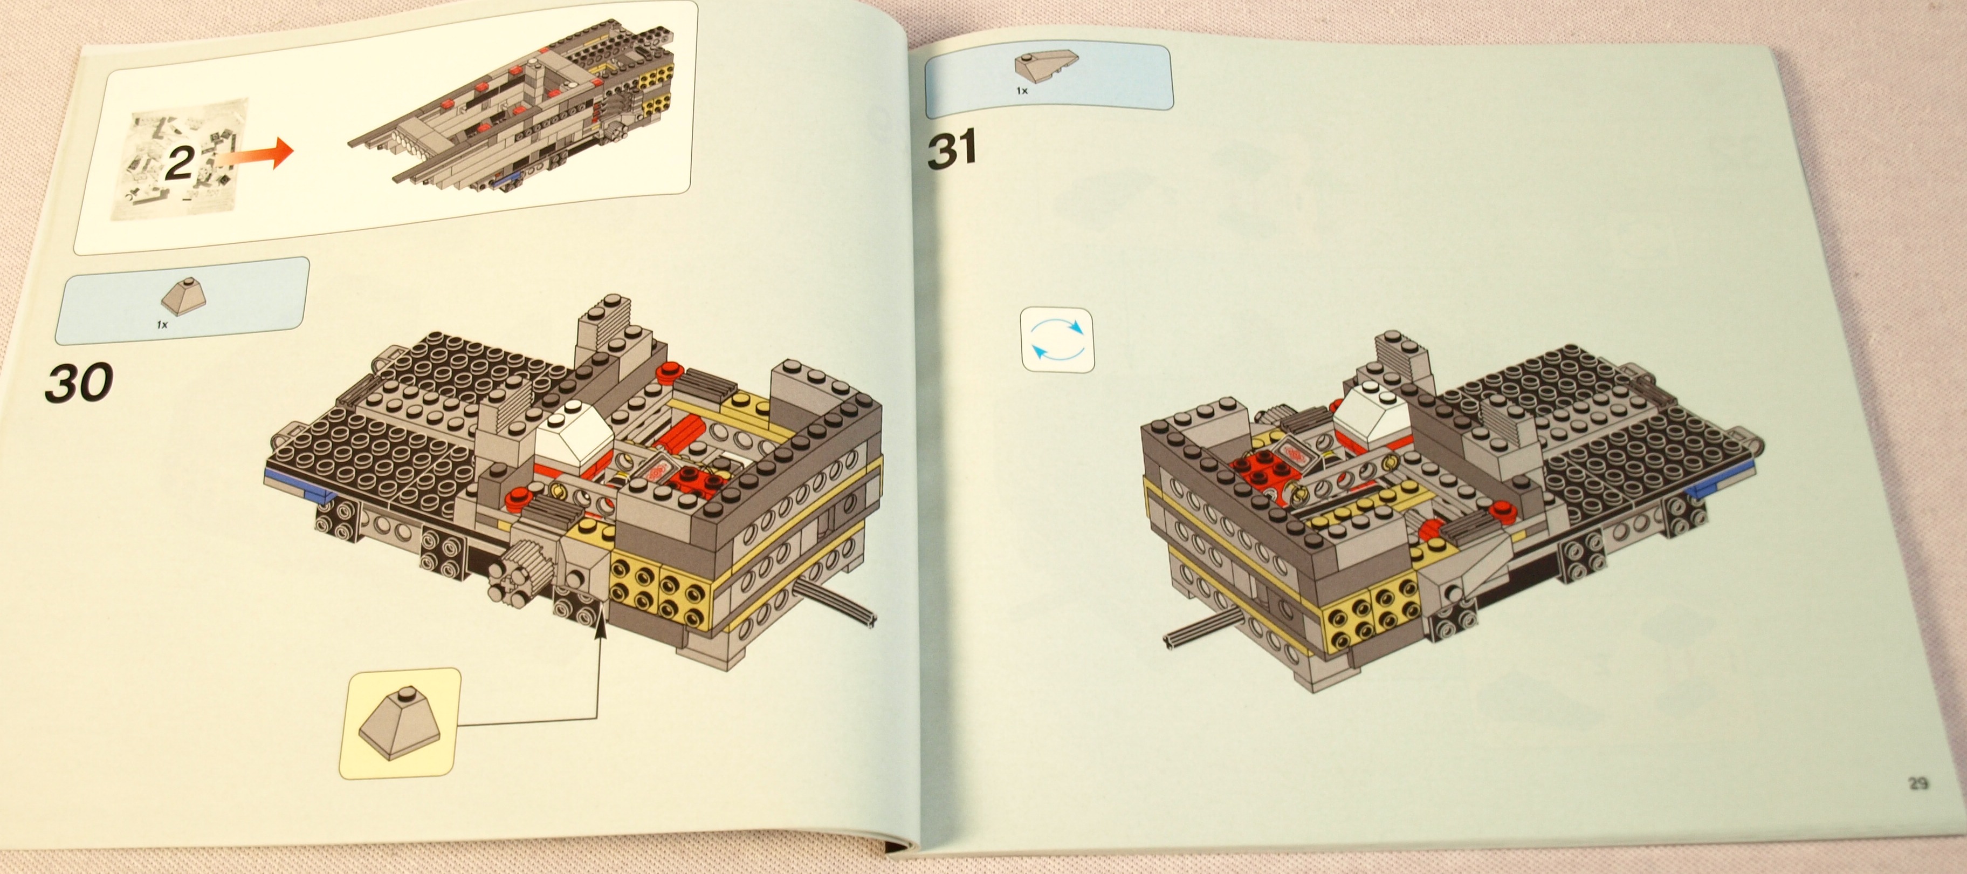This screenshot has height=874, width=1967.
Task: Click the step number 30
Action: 79,381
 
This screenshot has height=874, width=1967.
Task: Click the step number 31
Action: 952,150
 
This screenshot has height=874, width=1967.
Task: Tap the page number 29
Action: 1918,783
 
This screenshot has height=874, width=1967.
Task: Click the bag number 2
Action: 180,163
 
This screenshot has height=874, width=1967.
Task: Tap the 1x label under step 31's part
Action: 1022,91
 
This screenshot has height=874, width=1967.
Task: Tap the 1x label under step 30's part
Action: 162,325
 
